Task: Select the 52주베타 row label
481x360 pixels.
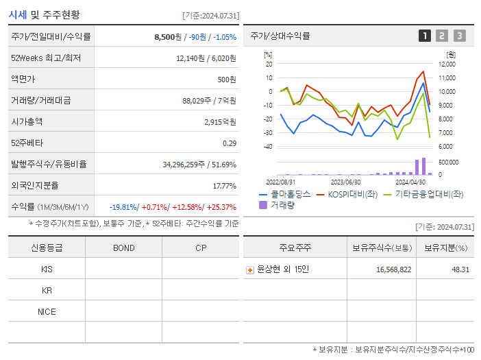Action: (27, 143)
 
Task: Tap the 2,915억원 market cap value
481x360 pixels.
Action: (220, 122)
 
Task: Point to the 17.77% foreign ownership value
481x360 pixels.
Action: (224, 186)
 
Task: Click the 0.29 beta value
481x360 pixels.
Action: (230, 143)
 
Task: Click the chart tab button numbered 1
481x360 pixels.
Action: (425, 36)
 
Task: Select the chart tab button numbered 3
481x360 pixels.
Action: (459, 36)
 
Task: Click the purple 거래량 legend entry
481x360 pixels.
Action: (277, 204)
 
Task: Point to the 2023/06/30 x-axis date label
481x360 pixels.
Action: (345, 182)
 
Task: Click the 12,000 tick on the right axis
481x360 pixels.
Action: (447, 64)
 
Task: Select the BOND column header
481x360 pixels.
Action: (123, 248)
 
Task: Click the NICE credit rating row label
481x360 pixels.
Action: (47, 311)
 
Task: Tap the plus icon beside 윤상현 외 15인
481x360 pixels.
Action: (250, 269)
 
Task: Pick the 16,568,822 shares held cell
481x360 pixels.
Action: (393, 269)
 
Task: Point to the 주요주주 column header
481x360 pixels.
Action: (295, 248)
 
